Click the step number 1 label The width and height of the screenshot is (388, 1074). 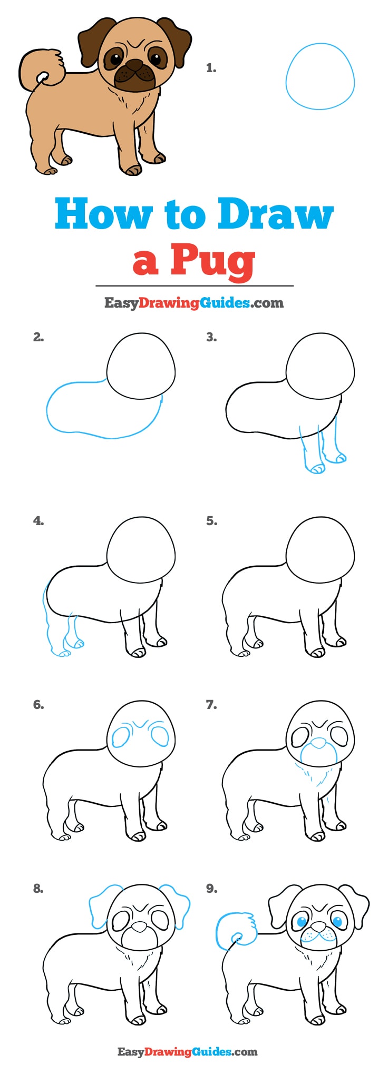tap(211, 68)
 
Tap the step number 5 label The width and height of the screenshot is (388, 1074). tap(211, 521)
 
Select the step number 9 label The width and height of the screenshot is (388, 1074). tap(211, 889)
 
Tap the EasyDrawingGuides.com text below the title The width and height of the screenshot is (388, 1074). tap(193, 303)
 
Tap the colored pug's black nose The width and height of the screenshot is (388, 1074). tap(135, 65)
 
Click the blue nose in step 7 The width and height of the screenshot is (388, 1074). tap(318, 743)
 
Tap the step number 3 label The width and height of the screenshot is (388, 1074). tap(211, 337)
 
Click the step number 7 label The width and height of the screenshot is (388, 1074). tap(211, 705)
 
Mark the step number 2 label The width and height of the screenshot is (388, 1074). tap(38, 337)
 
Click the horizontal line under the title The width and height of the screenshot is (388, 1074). tap(194, 285)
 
